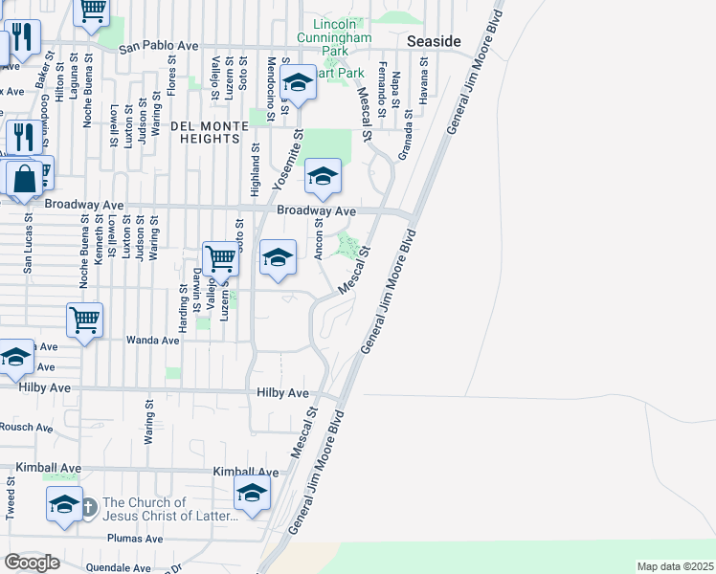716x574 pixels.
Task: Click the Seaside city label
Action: (434, 41)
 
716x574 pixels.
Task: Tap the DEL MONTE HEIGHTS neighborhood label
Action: (204, 132)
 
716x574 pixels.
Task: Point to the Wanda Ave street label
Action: (153, 340)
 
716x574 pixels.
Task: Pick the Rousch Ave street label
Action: (26, 427)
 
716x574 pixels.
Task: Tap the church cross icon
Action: (88, 507)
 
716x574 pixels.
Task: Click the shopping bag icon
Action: (24, 179)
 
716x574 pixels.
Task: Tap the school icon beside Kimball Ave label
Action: (252, 493)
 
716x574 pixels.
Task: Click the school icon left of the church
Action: (64, 504)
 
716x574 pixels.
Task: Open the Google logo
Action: (33, 563)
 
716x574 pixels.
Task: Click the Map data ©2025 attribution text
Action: (674, 566)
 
